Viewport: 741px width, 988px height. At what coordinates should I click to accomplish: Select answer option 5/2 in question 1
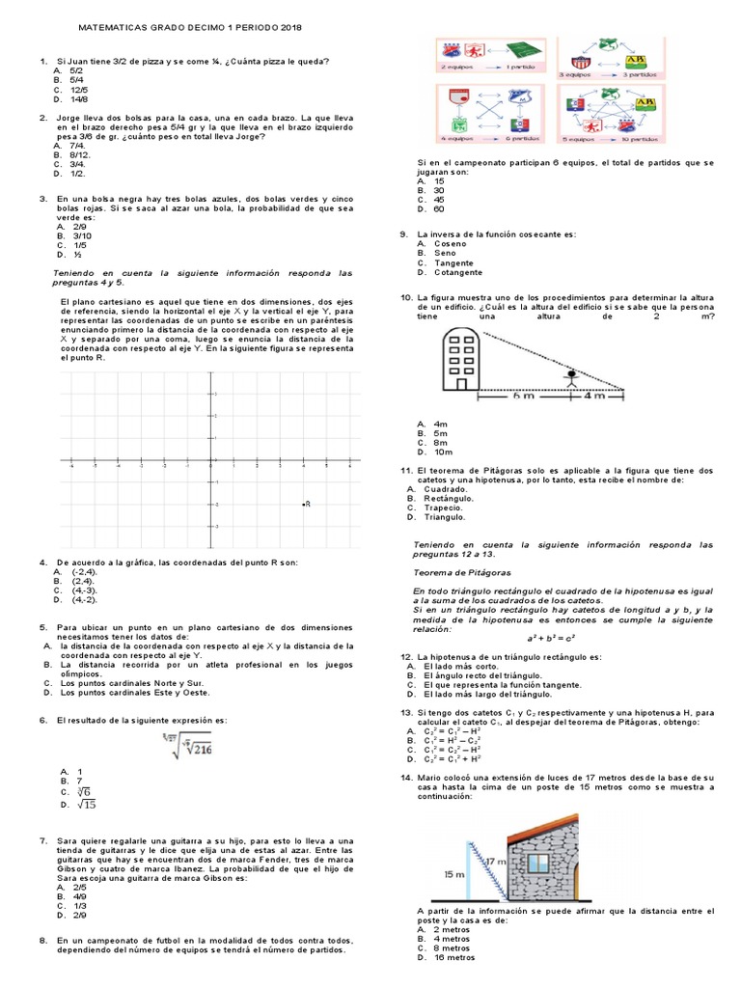[77, 70]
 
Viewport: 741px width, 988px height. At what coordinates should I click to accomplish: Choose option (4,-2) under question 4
[86, 599]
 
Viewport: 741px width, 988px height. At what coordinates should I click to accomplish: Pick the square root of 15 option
[85, 804]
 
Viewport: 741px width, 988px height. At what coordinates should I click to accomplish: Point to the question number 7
[43, 841]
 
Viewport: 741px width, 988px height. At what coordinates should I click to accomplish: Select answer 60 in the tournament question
[439, 208]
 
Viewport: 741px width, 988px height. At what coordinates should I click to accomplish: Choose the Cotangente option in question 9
[459, 272]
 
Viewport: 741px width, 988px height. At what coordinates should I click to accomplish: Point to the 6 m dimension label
[522, 396]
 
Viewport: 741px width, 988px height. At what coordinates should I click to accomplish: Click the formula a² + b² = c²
[551, 638]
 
